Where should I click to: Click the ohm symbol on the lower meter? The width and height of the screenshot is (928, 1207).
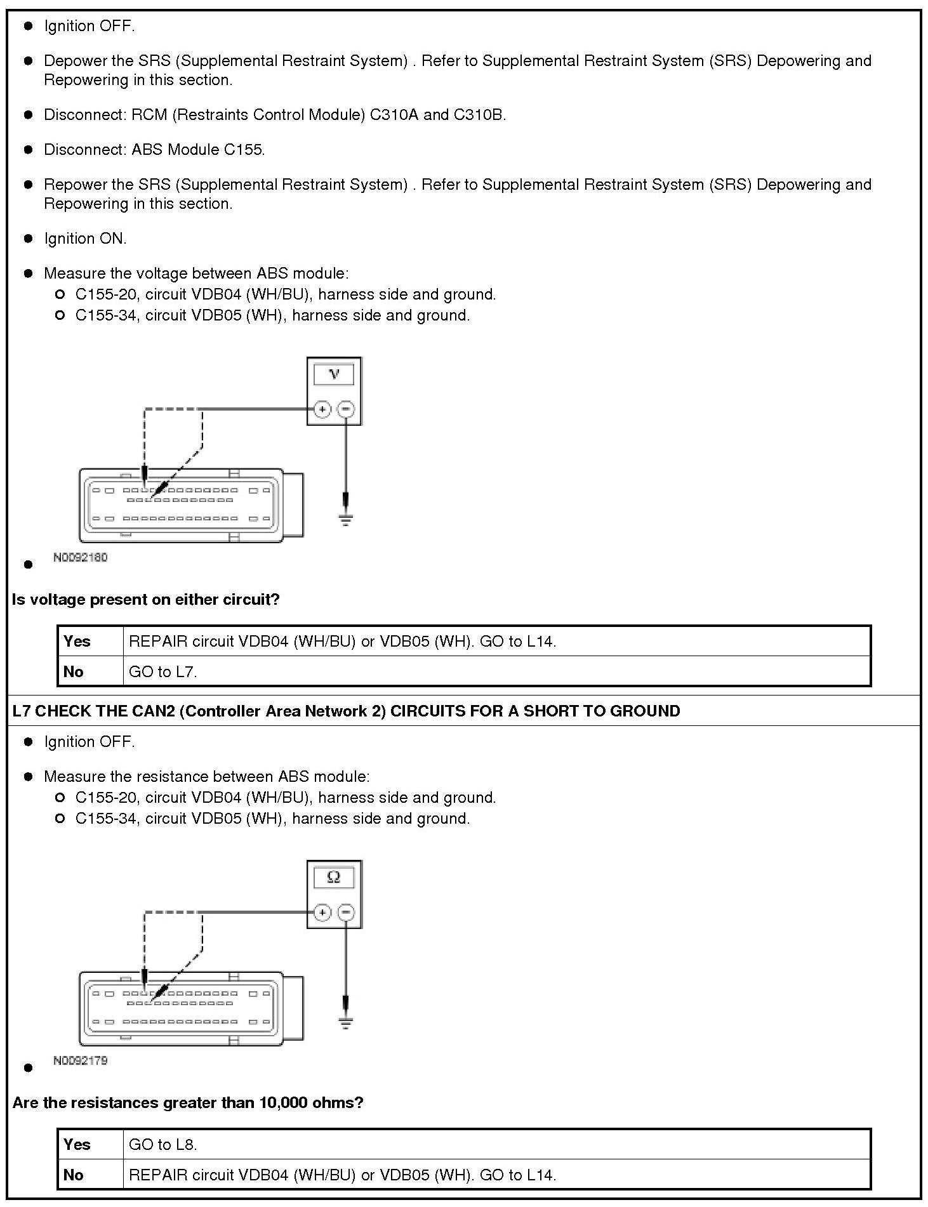click(x=334, y=878)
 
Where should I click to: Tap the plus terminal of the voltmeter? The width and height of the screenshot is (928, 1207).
click(x=322, y=409)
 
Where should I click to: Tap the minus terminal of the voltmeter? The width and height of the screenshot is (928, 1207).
click(x=346, y=409)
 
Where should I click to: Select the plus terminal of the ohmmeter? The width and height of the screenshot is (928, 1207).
click(x=322, y=913)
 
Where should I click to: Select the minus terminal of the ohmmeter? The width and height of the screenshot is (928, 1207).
click(x=346, y=913)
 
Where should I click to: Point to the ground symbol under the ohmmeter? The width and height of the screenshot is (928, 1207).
click(x=345, y=1023)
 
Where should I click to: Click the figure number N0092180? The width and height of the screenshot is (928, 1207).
click(x=81, y=558)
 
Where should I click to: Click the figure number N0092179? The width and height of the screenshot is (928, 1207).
click(x=81, y=1060)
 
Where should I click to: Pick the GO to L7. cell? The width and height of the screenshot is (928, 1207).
click(x=163, y=672)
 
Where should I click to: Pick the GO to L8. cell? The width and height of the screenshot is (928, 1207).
click(x=163, y=1145)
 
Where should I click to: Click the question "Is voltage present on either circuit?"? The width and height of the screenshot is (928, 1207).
click(x=146, y=600)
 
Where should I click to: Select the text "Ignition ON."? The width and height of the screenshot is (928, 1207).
click(x=85, y=239)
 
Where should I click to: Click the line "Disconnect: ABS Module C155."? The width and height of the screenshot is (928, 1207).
click(x=154, y=150)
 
